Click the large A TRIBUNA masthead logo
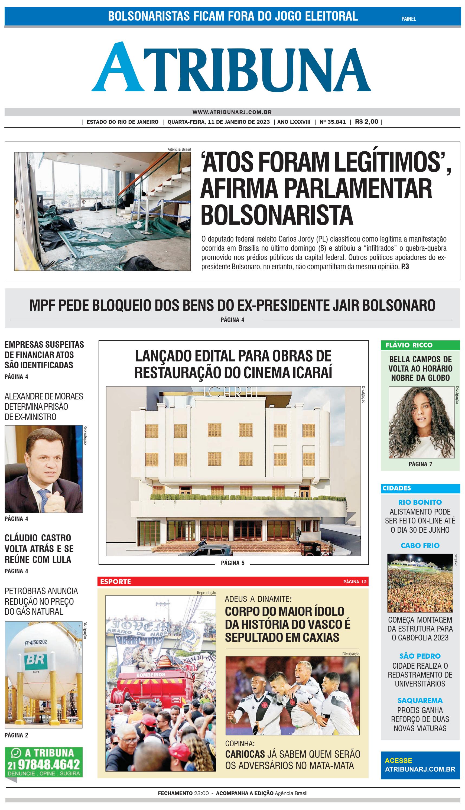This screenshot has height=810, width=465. (x=232, y=68)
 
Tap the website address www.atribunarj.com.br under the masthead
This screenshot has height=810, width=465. (x=232, y=112)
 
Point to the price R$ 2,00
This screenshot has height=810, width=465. (x=366, y=122)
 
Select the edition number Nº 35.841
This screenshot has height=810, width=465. (x=333, y=122)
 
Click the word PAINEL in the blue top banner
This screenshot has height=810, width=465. (x=408, y=19)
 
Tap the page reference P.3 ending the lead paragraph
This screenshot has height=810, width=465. (x=405, y=266)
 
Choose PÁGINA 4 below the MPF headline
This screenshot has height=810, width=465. (x=232, y=320)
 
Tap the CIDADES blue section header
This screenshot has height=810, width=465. (x=397, y=488)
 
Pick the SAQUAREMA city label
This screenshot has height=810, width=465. (x=420, y=701)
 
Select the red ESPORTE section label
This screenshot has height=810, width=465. (x=116, y=582)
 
